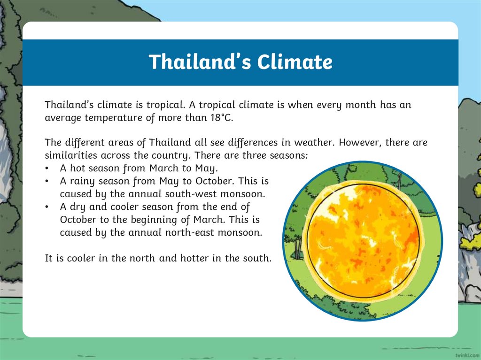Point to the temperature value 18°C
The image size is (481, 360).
220,117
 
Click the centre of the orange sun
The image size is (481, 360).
362,241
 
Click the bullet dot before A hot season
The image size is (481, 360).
47,168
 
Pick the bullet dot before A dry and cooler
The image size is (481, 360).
47,207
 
